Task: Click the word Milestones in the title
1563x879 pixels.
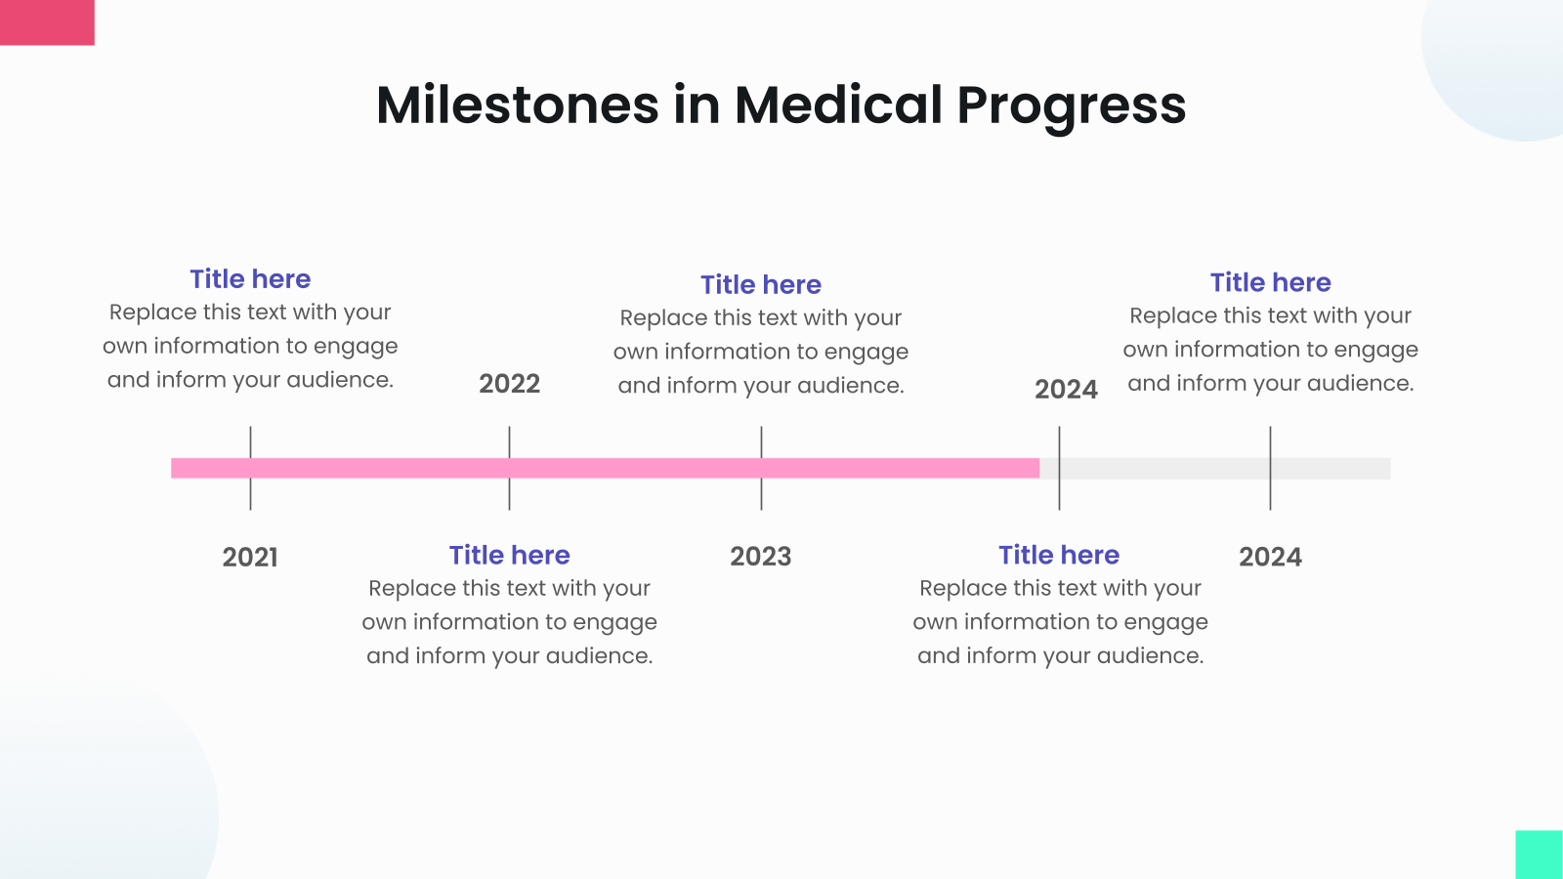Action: [517, 105]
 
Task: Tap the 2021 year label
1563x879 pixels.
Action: [250, 557]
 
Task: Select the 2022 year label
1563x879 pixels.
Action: [509, 383]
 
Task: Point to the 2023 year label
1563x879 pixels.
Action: [760, 557]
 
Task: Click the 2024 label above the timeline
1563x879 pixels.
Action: [1066, 389]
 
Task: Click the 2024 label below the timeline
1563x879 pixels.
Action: [1270, 557]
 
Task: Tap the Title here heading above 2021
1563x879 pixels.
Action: [250, 279]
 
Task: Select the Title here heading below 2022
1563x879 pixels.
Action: [509, 555]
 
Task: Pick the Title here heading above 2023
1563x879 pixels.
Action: [760, 284]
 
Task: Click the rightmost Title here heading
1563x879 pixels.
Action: [1270, 282]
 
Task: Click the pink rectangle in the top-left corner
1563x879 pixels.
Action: [47, 21]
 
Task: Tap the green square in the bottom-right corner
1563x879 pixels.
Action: [1539, 855]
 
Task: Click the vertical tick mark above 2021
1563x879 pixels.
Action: [250, 441]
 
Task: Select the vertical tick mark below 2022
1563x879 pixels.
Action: [509, 494]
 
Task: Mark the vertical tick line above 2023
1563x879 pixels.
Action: [761, 441]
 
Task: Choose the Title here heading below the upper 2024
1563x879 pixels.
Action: [1059, 555]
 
